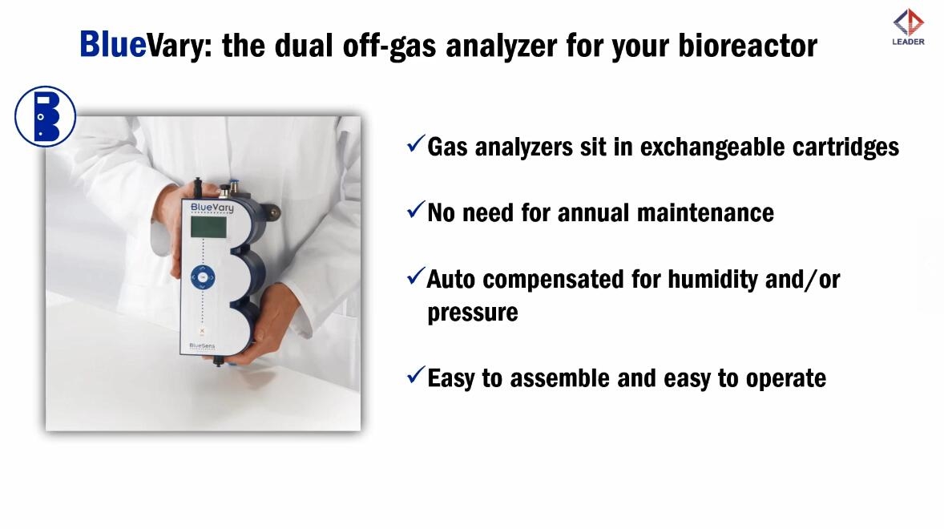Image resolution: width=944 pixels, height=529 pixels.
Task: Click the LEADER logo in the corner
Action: [x=909, y=28]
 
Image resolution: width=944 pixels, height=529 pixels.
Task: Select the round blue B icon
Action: [x=45, y=116]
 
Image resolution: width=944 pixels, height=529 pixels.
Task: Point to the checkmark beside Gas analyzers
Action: [x=415, y=143]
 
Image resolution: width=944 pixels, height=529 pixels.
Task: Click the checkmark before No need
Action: [x=415, y=209]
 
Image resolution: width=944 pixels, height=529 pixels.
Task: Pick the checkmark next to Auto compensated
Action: [x=415, y=276]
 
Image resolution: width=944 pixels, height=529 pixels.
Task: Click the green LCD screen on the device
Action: [x=208, y=227]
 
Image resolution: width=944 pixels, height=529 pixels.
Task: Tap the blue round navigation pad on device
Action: [x=203, y=277]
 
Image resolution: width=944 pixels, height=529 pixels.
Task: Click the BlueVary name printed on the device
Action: [x=212, y=208]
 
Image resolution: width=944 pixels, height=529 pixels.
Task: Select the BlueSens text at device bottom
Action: [x=202, y=346]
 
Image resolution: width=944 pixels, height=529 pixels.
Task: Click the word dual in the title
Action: [x=304, y=45]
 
